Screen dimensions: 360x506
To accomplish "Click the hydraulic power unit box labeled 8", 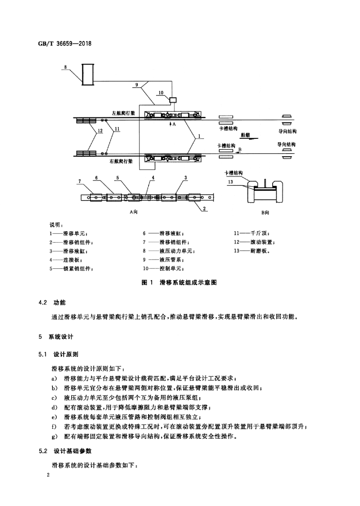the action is pos(88,75).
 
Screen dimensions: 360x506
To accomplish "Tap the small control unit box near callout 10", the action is pos(173,99).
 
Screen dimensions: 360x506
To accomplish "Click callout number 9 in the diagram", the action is pos(136,85).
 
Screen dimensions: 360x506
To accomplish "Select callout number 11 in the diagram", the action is pos(117,129).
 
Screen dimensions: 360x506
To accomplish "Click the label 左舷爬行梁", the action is pos(123,113).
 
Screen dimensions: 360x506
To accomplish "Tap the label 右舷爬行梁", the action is pos(121,161).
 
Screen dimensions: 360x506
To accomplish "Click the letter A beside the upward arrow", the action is pos(174,124).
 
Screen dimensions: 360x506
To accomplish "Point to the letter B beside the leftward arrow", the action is pos(240,150).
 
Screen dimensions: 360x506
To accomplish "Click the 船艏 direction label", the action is pos(245,135).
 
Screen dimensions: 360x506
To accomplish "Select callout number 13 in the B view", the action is pos(230,182).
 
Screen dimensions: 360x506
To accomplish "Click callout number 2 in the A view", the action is pos(204,209).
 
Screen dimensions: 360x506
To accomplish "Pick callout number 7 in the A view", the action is pos(80,181).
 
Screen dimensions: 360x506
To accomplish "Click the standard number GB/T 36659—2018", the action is pos(65,43).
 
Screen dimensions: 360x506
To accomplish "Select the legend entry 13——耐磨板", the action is pos(251,251).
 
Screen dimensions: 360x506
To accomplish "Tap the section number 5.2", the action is pos(43,451).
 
